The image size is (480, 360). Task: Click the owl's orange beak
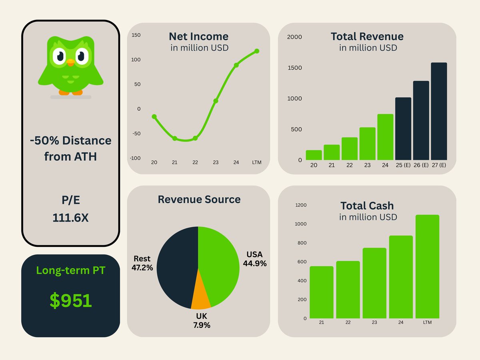[x=71, y=62]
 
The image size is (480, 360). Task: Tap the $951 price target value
[x=71, y=300]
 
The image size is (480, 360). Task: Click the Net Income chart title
[x=198, y=36]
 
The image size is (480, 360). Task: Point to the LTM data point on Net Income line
[x=256, y=51]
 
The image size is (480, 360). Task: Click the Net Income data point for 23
[x=216, y=101]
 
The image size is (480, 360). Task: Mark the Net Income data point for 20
[x=154, y=116]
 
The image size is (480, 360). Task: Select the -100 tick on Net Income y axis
[x=136, y=158]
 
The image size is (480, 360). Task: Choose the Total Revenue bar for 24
[x=385, y=137]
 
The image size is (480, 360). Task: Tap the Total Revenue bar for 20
[x=314, y=155]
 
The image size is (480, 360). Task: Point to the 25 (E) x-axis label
[x=403, y=165]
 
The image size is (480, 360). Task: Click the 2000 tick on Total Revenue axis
[x=295, y=37]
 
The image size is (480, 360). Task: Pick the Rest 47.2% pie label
[x=142, y=263]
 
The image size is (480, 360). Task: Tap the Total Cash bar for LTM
[x=427, y=266]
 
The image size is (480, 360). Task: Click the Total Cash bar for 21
[x=321, y=292]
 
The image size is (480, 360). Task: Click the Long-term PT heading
[x=70, y=270]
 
